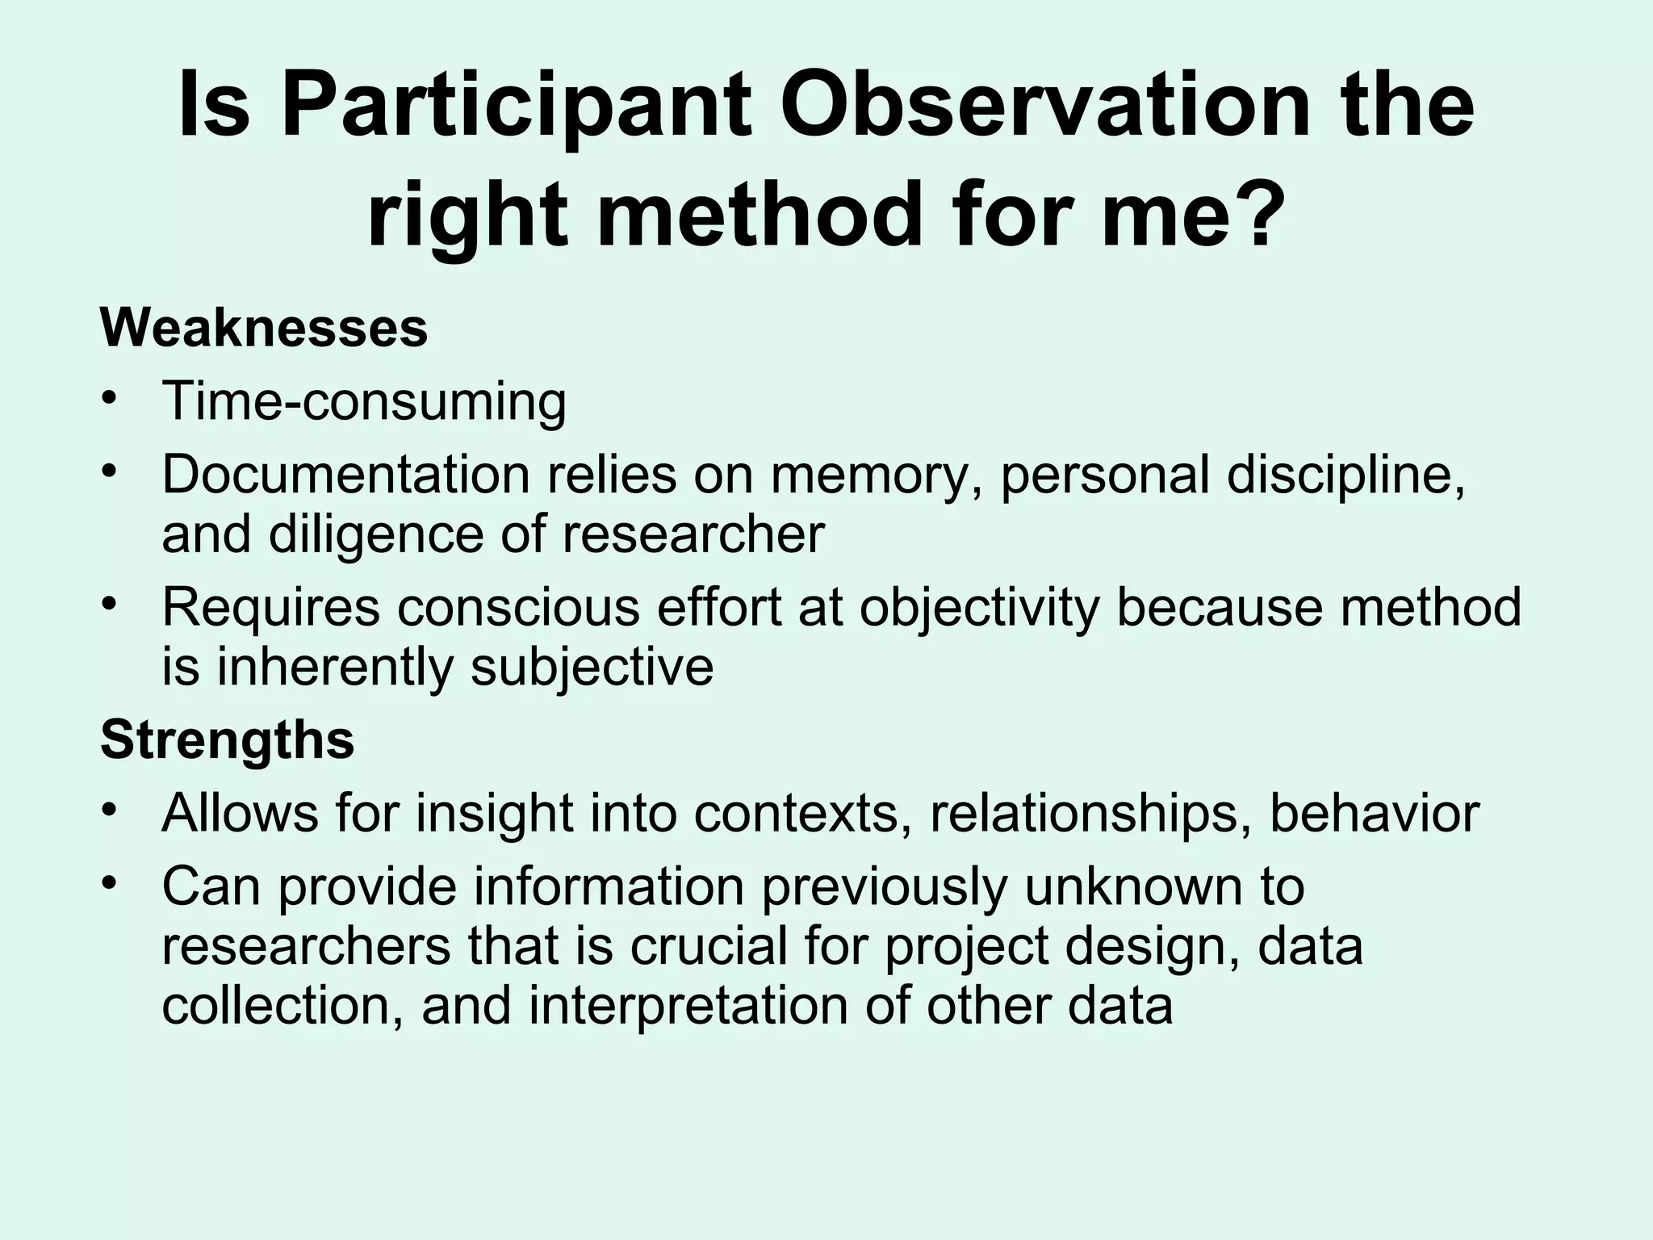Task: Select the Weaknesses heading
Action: pyautogui.click(x=264, y=329)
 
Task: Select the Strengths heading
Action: pyautogui.click(x=227, y=739)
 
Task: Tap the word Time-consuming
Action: pyautogui.click(x=364, y=401)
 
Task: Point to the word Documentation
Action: pyautogui.click(x=345, y=475)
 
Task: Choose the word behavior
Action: pyautogui.click(x=1375, y=813)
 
